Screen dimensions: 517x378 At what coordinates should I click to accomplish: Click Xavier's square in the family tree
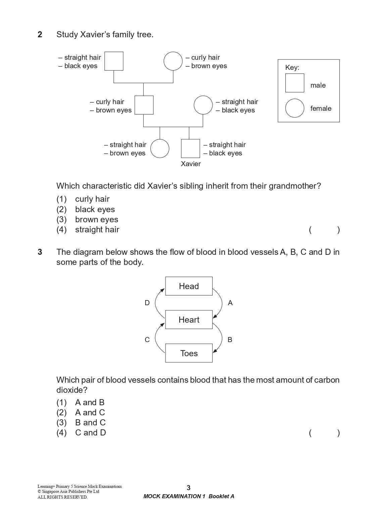190,148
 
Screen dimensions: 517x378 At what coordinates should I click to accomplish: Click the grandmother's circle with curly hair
173,61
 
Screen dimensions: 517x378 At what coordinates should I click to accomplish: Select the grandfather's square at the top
114,61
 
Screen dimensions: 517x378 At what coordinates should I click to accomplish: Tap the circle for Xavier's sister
160,148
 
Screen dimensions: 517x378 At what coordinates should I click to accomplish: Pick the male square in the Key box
294,83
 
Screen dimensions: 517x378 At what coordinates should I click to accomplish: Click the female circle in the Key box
294,108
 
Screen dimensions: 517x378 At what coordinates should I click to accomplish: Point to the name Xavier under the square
191,164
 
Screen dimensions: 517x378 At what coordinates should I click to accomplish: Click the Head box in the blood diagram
189,286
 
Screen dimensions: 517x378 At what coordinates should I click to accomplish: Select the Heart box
189,320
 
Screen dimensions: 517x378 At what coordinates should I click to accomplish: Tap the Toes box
189,353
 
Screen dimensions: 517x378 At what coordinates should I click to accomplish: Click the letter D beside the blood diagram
147,303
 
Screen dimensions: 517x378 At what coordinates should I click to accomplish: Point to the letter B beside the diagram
230,340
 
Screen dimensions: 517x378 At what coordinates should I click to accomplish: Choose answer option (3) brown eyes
87,220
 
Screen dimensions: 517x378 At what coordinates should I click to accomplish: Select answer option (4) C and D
81,433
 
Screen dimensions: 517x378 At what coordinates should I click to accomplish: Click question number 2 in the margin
40,35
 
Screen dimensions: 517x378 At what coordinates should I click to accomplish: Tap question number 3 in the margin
40,252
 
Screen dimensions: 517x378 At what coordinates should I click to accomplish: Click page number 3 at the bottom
189,488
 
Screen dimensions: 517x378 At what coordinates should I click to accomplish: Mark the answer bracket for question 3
324,433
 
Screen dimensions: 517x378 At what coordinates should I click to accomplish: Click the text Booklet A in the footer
221,497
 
